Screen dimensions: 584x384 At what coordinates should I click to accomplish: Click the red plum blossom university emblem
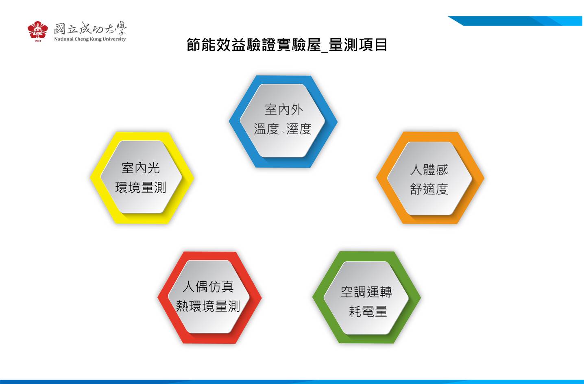pyautogui.click(x=38, y=30)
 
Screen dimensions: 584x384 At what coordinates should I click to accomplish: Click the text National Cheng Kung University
pyautogui.click(x=90, y=39)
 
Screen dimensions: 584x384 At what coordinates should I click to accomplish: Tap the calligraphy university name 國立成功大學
pyautogui.click(x=90, y=28)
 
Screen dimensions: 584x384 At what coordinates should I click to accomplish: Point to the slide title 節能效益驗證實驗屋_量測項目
pyautogui.click(x=287, y=45)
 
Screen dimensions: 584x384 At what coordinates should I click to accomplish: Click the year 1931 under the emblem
pyautogui.click(x=38, y=41)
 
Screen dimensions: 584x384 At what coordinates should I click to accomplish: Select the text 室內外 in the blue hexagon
pyautogui.click(x=283, y=109)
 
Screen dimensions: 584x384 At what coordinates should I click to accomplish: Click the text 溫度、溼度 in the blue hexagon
pyautogui.click(x=283, y=129)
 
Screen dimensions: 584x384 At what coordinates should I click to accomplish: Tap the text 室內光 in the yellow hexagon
pyautogui.click(x=141, y=168)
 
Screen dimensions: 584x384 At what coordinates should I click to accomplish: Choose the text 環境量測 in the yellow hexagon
pyautogui.click(x=141, y=188)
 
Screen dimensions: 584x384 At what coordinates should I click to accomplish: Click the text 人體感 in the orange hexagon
pyautogui.click(x=429, y=170)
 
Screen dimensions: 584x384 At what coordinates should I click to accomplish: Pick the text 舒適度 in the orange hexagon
pyautogui.click(x=429, y=189)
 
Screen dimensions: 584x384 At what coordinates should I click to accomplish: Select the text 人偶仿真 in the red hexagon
pyautogui.click(x=208, y=286)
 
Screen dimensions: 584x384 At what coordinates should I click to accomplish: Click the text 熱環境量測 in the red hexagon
pyautogui.click(x=208, y=306)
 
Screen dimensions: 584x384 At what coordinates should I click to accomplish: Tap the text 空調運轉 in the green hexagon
pyautogui.click(x=366, y=292)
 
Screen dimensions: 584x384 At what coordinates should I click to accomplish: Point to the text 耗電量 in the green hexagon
pyautogui.click(x=368, y=312)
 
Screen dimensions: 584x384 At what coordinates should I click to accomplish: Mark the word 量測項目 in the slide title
pyautogui.click(x=358, y=45)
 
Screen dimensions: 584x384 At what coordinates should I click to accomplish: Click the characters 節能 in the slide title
pyautogui.click(x=201, y=45)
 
